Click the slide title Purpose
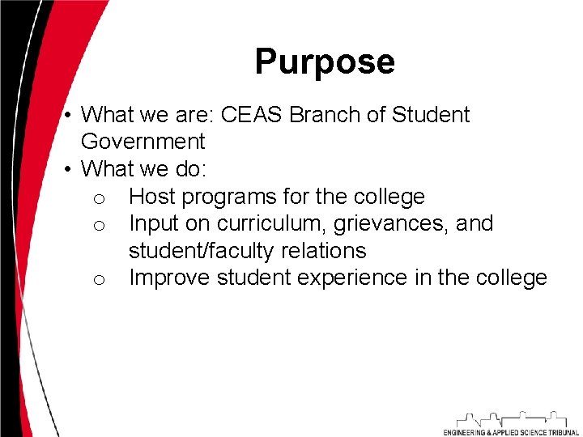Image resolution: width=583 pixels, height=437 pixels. pyautogui.click(x=325, y=62)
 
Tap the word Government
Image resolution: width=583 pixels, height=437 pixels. pyautogui.click(x=143, y=142)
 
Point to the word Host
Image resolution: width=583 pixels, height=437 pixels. pyautogui.click(x=152, y=197)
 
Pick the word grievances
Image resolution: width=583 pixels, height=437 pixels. pyautogui.click(x=391, y=223)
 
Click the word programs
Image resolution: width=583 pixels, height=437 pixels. pyautogui.click(x=228, y=197)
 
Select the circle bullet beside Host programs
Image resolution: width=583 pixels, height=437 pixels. pyautogui.click(x=98, y=199)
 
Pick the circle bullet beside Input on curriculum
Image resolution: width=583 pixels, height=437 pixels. pyautogui.click(x=98, y=226)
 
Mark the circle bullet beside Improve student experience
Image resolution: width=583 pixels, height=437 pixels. pyautogui.click(x=98, y=280)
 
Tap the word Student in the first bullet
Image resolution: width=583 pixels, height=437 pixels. pyautogui.click(x=431, y=115)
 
